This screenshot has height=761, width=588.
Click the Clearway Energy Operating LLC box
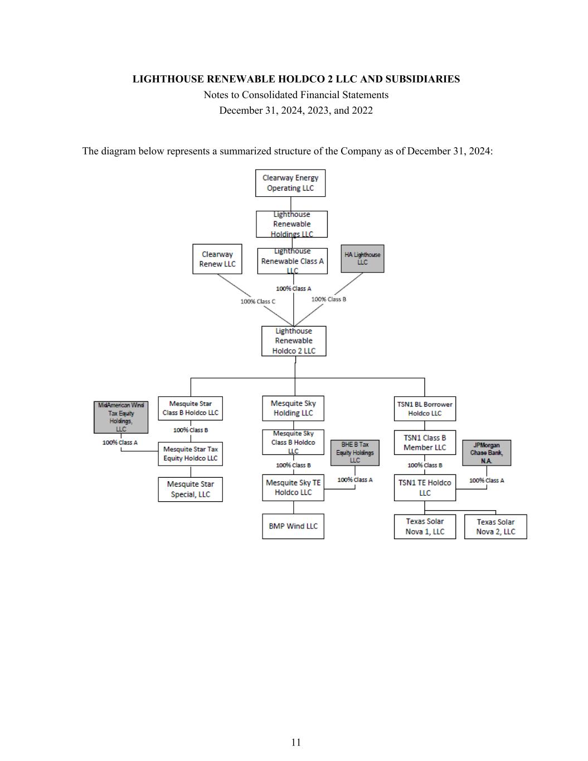[x=290, y=183]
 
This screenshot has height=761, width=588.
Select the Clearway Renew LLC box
[x=217, y=259]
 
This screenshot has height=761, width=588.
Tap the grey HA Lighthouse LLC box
[x=362, y=259]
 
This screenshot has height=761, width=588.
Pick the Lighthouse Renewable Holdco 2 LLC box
[x=294, y=341]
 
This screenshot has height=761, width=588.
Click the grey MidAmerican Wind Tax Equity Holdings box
[x=121, y=417]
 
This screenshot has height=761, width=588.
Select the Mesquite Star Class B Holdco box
[x=190, y=408]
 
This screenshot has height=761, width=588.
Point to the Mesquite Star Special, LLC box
[x=190, y=489]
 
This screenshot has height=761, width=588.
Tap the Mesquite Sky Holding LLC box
[x=293, y=408]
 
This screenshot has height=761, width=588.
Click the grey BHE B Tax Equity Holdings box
[x=355, y=453]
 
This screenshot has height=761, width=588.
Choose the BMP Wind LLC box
[x=293, y=526]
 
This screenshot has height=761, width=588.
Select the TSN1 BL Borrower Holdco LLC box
[x=425, y=409]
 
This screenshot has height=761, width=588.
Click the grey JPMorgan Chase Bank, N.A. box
[x=487, y=453]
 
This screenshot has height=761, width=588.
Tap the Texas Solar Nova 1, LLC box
[x=425, y=526]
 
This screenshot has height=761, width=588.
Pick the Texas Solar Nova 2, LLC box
[x=495, y=527]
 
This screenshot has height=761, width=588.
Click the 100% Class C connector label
[x=258, y=302]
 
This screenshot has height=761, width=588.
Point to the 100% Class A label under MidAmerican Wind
[x=120, y=443]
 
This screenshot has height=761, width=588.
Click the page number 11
[x=296, y=742]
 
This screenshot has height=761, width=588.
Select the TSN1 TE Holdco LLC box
[x=425, y=487]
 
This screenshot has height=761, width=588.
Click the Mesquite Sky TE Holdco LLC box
[x=293, y=487]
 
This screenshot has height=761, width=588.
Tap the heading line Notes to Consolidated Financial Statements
[x=296, y=95]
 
